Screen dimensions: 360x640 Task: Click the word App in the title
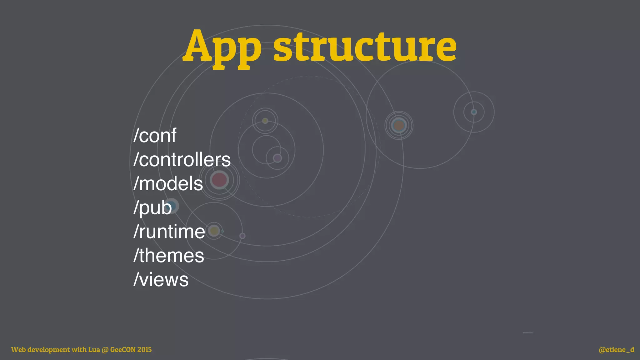[x=222, y=47]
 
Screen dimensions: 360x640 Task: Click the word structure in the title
[x=365, y=47]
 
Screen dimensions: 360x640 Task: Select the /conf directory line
[x=155, y=136]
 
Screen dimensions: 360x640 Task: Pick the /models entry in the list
[x=168, y=183]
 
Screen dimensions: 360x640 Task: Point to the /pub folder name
[x=152, y=207]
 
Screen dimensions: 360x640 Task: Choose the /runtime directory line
[x=169, y=232]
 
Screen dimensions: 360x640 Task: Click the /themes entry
[x=168, y=256]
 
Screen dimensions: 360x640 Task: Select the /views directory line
[x=161, y=279]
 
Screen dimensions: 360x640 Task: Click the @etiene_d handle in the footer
[x=616, y=349]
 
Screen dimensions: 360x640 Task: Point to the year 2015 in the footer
[x=144, y=349]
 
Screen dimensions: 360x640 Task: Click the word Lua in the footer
[x=94, y=349]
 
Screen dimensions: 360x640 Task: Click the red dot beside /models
[x=219, y=180]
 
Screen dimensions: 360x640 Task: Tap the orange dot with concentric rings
[x=399, y=125]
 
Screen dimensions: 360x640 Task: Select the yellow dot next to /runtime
[x=214, y=231]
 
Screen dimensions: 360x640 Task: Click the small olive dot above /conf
[x=265, y=121]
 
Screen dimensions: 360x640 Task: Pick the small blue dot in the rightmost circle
[x=474, y=112]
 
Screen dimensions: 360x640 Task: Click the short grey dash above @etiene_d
[x=528, y=332]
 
